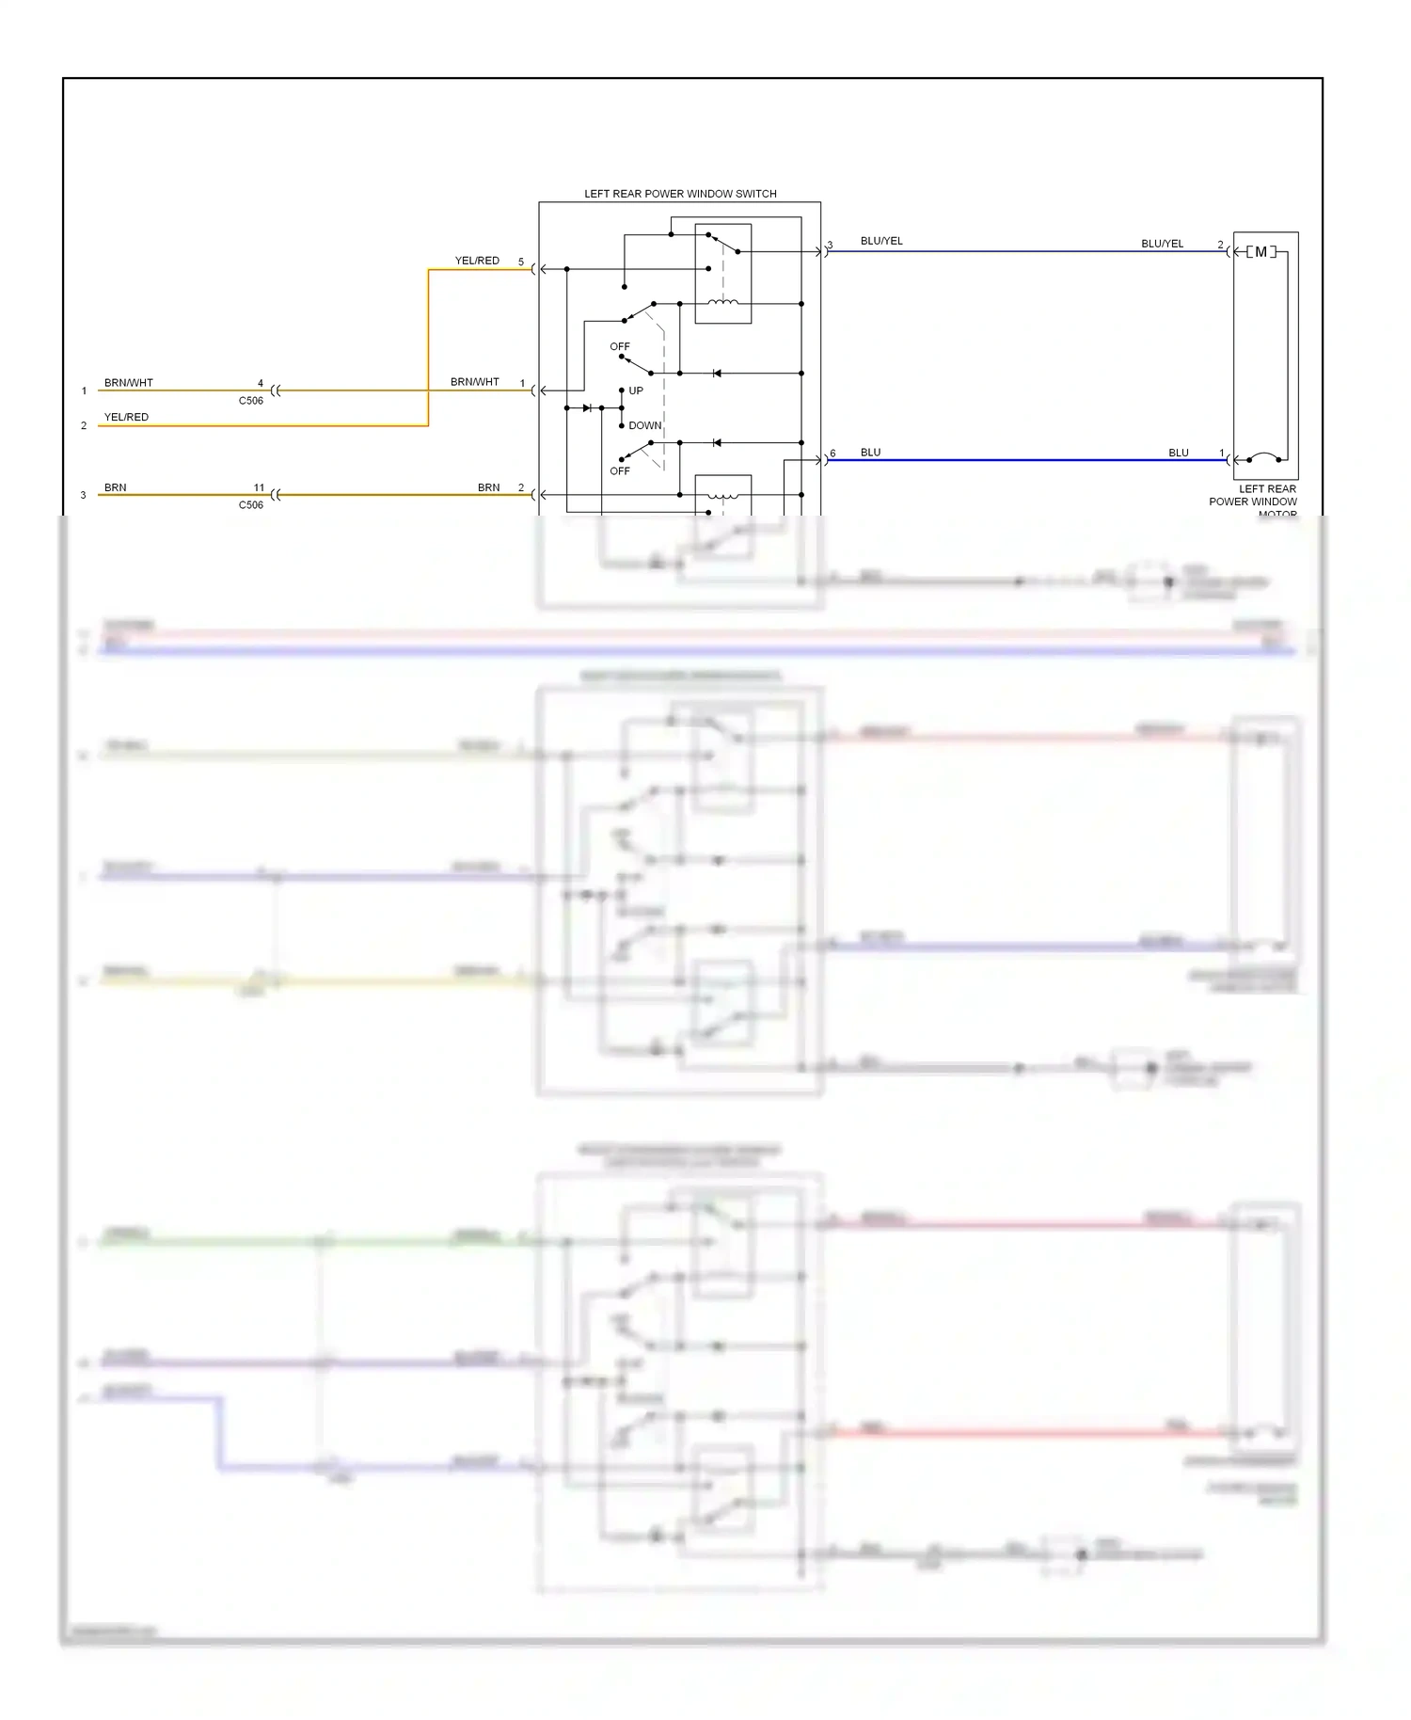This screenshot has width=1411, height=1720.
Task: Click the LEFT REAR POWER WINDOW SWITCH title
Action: tap(680, 194)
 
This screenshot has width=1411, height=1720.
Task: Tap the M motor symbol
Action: tap(1260, 252)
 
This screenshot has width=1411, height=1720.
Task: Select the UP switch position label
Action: tap(636, 390)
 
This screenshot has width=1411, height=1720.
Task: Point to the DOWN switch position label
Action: tap(645, 425)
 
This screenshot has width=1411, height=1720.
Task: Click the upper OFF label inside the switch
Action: tap(620, 346)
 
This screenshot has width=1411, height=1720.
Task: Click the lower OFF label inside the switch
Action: tap(620, 470)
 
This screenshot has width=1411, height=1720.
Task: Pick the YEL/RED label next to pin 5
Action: tap(477, 261)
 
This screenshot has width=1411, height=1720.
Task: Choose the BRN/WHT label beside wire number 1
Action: tap(128, 383)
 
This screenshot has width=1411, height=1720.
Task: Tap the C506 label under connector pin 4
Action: tap(251, 401)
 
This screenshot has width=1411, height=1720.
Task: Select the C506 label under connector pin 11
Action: tap(251, 505)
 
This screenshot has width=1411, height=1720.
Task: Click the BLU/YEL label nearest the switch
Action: tap(881, 241)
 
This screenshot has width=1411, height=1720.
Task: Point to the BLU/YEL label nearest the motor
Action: tap(1162, 244)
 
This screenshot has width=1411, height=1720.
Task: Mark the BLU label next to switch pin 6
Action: tap(870, 453)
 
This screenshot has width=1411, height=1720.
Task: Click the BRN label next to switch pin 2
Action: tap(488, 487)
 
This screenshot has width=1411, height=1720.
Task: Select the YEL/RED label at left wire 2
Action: tap(126, 417)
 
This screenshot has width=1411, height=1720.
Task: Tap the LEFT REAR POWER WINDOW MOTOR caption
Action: tap(1253, 501)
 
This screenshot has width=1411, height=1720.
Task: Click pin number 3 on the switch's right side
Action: tap(830, 246)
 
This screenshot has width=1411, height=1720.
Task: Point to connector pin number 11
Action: tap(259, 487)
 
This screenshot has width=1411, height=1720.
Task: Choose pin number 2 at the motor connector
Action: tap(1221, 245)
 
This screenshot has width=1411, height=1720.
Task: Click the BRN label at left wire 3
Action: tap(115, 487)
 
